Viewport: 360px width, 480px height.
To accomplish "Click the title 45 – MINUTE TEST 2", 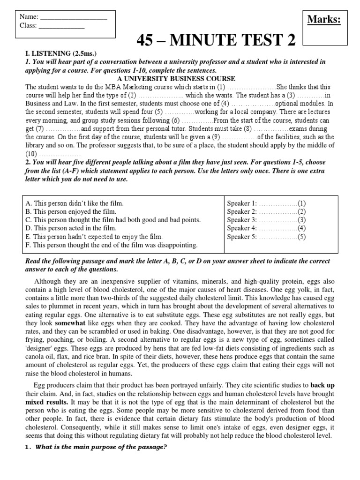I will pyautogui.click(x=216, y=42).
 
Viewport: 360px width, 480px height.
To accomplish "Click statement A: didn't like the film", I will pyautogui.click(x=75, y=203).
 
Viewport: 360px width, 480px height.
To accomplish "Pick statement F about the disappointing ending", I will pyautogui.click(x=112, y=245).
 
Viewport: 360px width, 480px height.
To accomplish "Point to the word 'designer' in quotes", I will pyautogui.click(x=40, y=348).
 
